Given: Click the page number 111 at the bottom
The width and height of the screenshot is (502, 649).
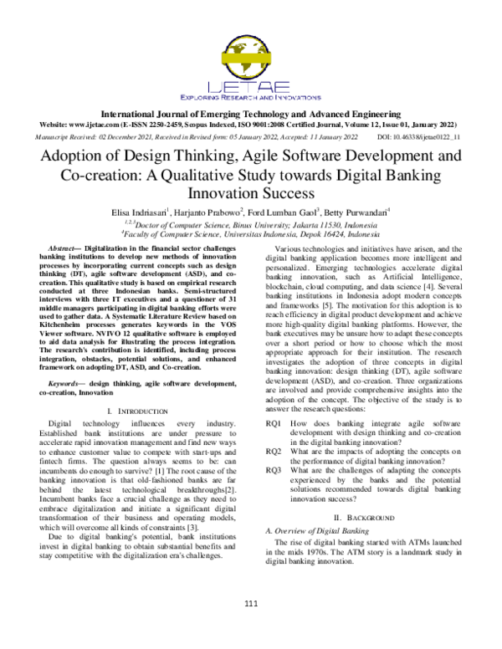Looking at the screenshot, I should pos(251,606).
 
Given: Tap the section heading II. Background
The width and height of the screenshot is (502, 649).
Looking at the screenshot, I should pos(367,518).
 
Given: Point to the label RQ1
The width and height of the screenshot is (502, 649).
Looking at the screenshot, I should pos(273,425).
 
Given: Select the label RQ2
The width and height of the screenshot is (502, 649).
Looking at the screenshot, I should pos(273,451).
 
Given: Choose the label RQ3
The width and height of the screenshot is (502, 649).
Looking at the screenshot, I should pos(273,469).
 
